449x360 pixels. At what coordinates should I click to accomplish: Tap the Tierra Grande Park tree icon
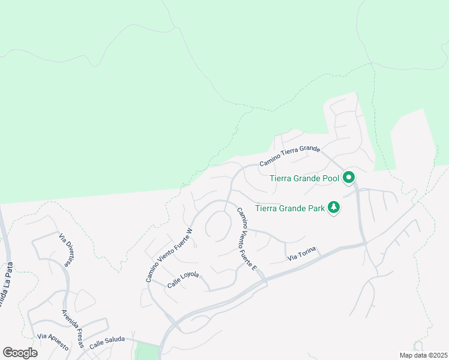coord(334,208)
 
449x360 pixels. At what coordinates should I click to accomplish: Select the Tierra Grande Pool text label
coord(304,178)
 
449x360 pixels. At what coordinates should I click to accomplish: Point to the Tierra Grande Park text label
coord(289,209)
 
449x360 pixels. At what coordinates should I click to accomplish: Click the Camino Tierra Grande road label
coord(289,156)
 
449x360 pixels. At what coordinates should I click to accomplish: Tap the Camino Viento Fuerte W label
coord(169,255)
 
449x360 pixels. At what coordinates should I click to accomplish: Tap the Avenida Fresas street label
coord(72,328)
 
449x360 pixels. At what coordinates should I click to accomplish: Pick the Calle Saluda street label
coord(107,342)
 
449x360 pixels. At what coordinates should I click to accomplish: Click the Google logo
coord(20,352)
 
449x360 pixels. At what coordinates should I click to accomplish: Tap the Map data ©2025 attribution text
coord(423,355)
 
